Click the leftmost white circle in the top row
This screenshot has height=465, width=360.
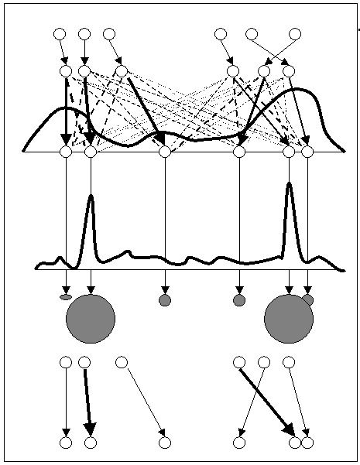point(60,34)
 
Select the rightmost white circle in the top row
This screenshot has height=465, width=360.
point(295,34)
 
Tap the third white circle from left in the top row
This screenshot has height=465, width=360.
point(109,34)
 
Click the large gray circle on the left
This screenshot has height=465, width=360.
point(91,318)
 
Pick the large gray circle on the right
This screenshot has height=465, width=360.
point(289,318)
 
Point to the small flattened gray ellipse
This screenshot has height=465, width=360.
point(66,296)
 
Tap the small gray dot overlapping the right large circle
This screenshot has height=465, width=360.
point(308,299)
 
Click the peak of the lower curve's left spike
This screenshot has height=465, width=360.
point(91,197)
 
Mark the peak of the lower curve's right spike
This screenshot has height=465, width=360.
point(290,183)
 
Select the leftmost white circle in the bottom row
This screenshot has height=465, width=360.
point(66,443)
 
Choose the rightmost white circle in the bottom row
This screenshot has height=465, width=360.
point(307,443)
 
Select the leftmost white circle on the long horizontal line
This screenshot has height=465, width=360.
point(66,152)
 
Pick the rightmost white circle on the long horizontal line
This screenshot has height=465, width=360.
point(307,152)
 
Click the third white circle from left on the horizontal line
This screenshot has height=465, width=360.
point(165,152)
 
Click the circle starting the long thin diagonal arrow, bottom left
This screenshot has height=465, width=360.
point(122,362)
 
